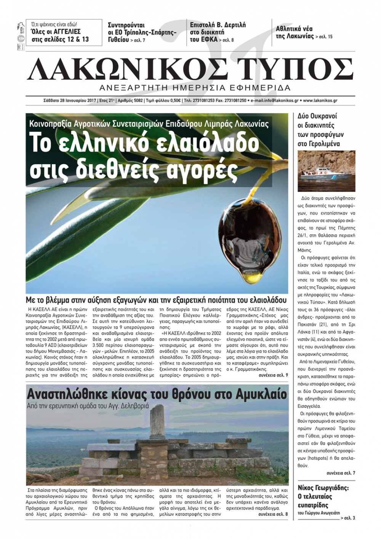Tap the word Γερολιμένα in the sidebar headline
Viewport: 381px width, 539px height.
[318, 144]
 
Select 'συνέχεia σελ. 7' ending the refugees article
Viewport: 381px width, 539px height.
[341, 473]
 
